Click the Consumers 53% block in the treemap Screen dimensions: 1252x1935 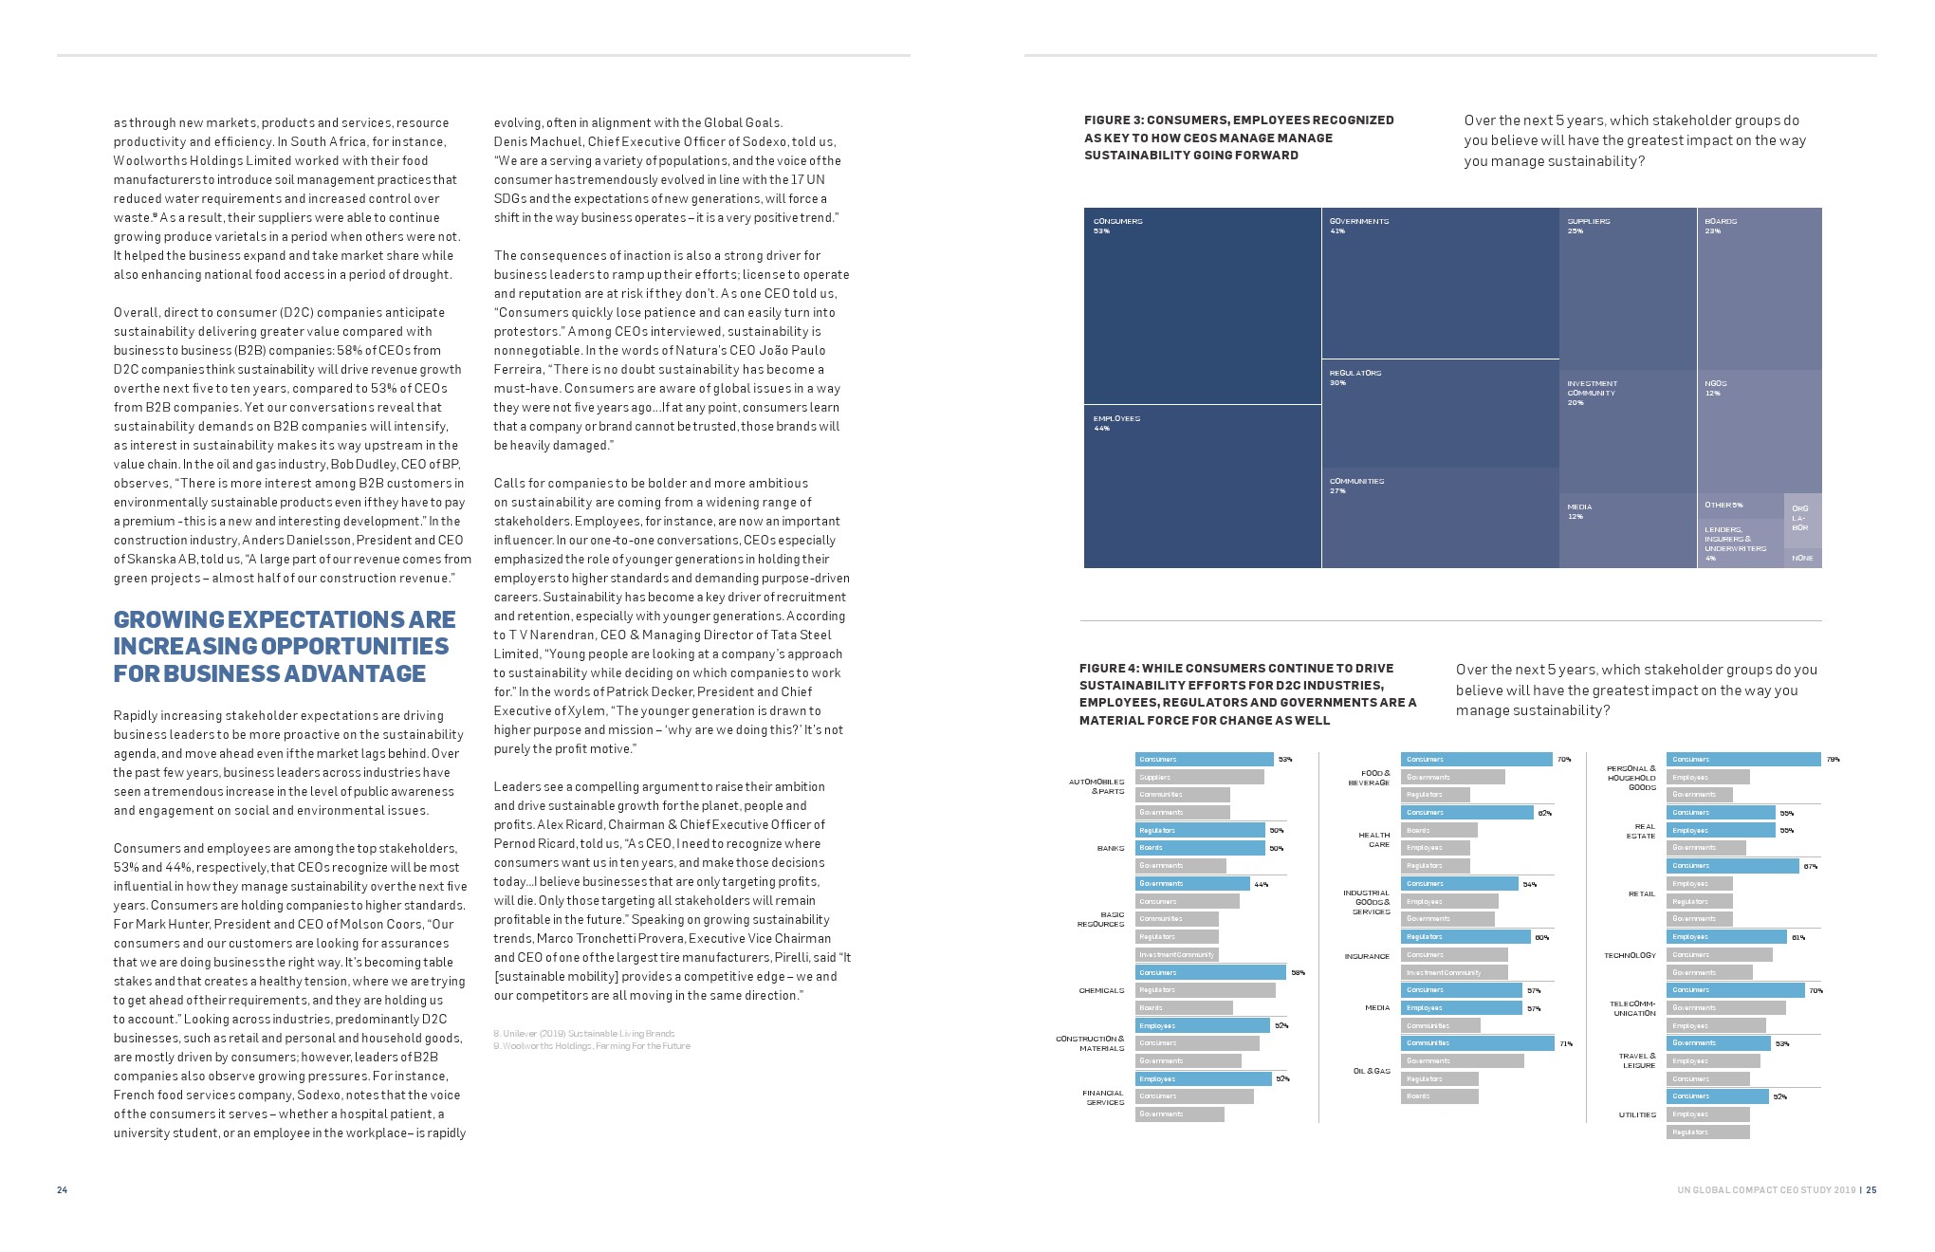click(x=1202, y=305)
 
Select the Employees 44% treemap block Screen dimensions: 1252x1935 click(x=1202, y=486)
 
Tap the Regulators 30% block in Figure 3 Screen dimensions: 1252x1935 click(x=1440, y=414)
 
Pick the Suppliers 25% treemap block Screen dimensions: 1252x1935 click(x=1628, y=288)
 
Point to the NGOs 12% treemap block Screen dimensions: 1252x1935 click(x=1759, y=432)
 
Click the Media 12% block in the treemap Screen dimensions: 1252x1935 click(x=1628, y=530)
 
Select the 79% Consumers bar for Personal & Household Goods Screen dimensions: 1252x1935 click(x=1743, y=760)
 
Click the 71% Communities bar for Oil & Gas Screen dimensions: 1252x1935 click(x=1478, y=1043)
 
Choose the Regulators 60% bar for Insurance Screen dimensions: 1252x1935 click(x=1465, y=937)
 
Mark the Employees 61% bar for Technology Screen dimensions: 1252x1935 click(x=1724, y=937)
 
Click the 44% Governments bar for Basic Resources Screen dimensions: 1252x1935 click(x=1192, y=884)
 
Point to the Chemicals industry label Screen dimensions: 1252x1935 click(x=1101, y=991)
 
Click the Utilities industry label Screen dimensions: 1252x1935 click(x=1637, y=1114)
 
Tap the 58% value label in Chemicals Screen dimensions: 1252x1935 click(x=1298, y=973)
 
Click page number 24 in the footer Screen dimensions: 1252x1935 click(x=62, y=1190)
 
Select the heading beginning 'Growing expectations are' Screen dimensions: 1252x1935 click(x=285, y=647)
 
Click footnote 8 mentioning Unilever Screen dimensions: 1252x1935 click(x=584, y=1033)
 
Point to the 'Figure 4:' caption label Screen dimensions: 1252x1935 click(x=1109, y=669)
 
